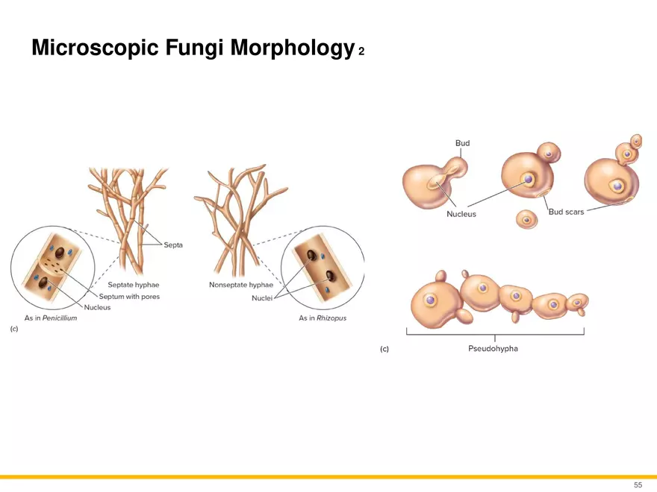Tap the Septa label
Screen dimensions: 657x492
click(x=173, y=245)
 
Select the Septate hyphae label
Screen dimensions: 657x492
click(x=133, y=285)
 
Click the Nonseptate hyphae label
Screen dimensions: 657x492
click(x=241, y=285)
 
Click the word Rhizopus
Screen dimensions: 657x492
click(x=331, y=318)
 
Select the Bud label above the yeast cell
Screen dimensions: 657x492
click(x=462, y=142)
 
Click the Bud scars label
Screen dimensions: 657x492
click(x=566, y=212)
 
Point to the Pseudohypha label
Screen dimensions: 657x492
click(x=488, y=348)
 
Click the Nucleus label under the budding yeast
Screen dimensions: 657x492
click(x=461, y=214)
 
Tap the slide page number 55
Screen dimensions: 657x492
click(x=638, y=485)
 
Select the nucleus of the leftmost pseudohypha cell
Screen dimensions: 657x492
click(x=431, y=300)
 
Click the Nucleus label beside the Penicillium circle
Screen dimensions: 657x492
click(x=97, y=307)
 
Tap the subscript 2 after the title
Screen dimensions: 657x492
click(x=361, y=52)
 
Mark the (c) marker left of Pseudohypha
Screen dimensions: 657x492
click(x=384, y=348)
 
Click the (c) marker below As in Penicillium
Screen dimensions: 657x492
click(x=14, y=329)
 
